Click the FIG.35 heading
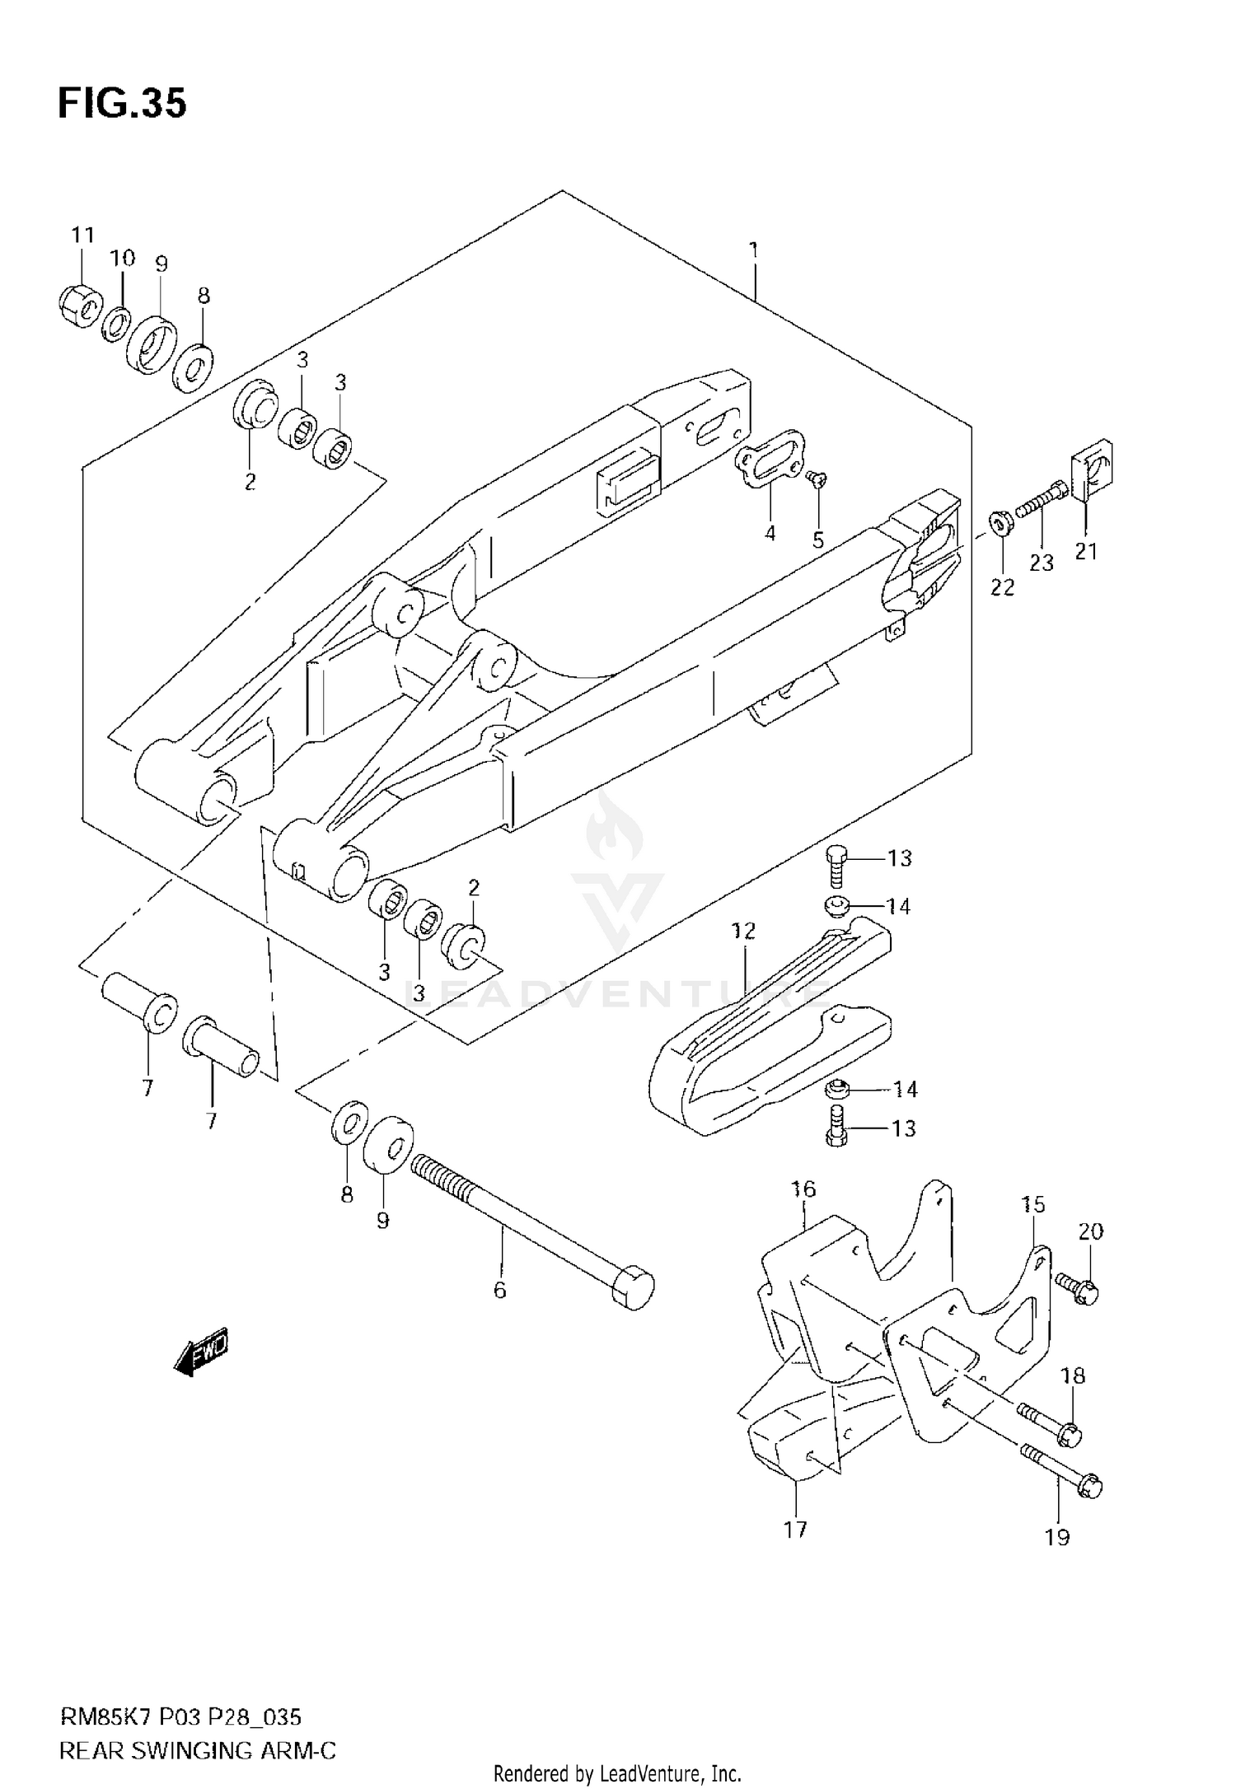pos(122,105)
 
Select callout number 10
pos(122,259)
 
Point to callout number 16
pos(803,1189)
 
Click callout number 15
pos(1032,1204)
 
